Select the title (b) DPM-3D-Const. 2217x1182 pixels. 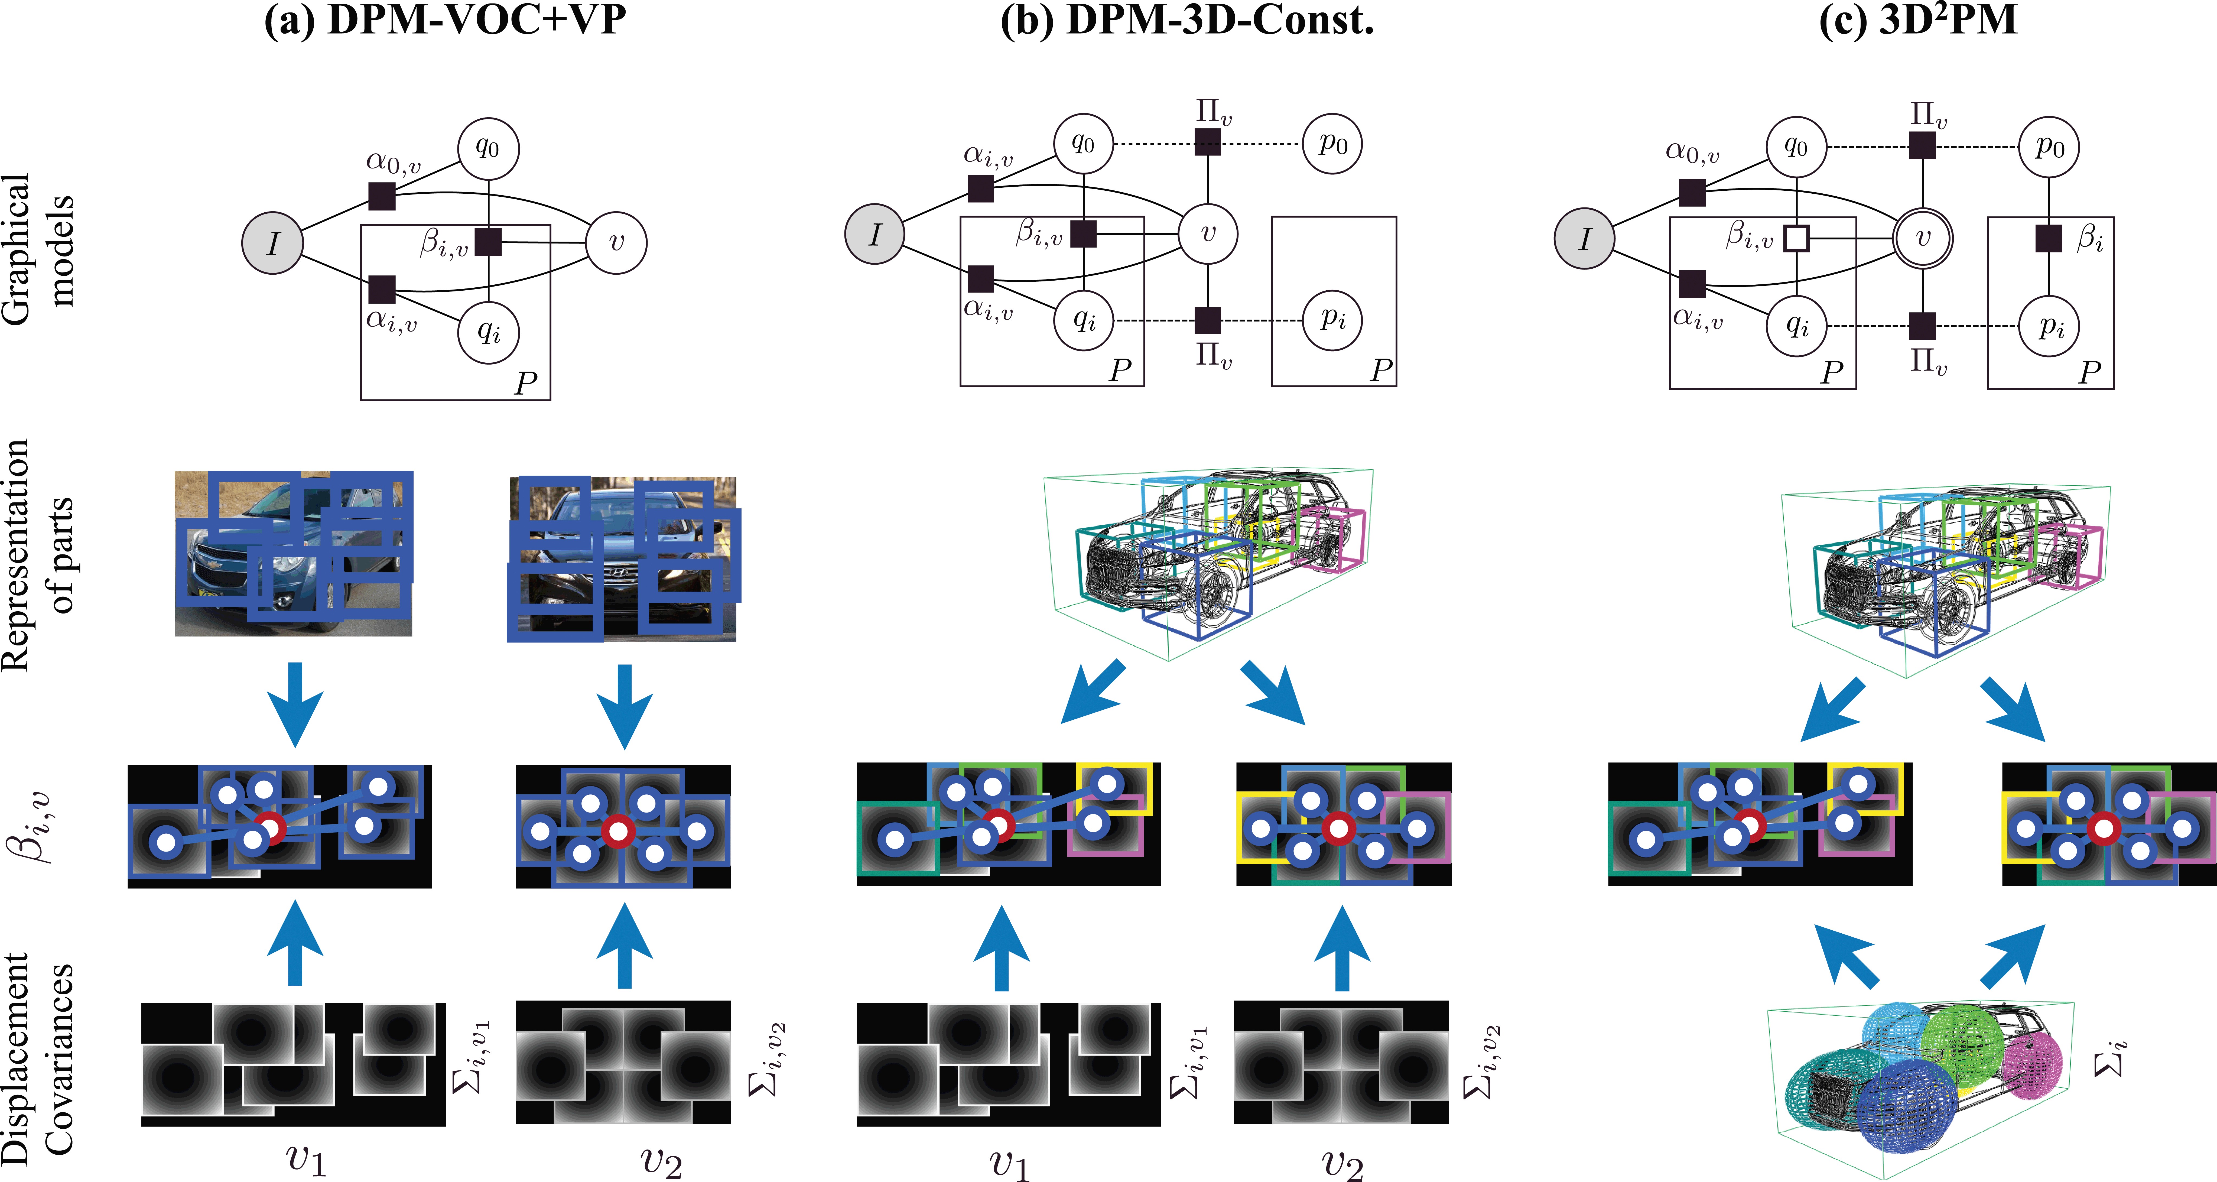click(x=1187, y=19)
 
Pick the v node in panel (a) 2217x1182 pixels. click(x=616, y=243)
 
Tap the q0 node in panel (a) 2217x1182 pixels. click(x=488, y=148)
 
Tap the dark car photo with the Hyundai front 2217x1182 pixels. click(x=622, y=558)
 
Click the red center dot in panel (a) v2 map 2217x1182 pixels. click(x=617, y=832)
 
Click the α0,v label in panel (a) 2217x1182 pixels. click(x=393, y=162)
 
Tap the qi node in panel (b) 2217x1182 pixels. click(x=1084, y=320)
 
